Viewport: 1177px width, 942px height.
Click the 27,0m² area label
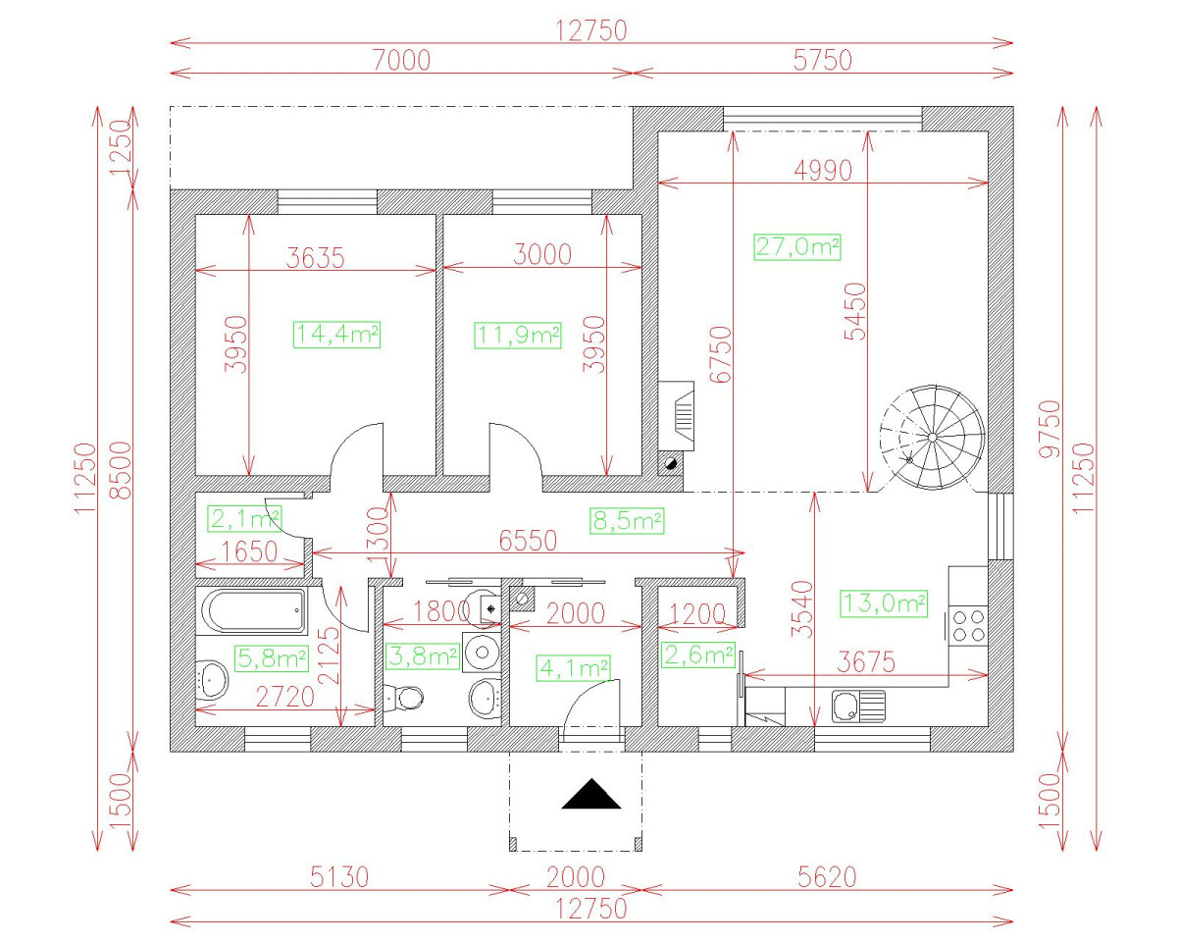[x=797, y=246]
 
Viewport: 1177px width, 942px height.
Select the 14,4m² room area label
[x=336, y=335]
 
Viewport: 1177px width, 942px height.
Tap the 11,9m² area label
[x=517, y=335]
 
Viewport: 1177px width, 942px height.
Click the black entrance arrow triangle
[x=591, y=794]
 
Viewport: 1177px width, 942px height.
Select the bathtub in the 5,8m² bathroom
[x=254, y=611]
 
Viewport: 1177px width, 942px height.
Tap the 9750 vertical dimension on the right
[x=1050, y=428]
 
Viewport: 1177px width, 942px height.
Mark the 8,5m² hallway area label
[x=627, y=520]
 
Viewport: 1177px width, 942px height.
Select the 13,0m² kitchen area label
[x=884, y=603]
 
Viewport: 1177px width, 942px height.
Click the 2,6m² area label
[x=698, y=654]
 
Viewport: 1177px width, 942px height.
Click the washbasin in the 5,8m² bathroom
[x=214, y=677]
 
